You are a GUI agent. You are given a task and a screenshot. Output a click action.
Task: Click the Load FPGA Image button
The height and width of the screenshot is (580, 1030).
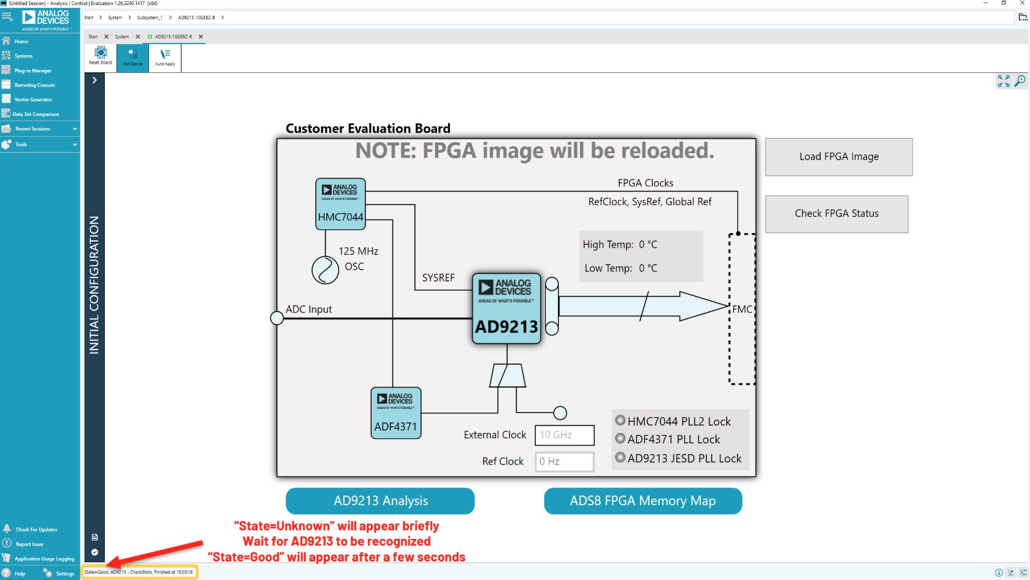[x=839, y=157]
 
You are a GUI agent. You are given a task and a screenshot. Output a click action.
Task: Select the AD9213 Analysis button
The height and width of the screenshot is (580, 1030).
[x=380, y=501]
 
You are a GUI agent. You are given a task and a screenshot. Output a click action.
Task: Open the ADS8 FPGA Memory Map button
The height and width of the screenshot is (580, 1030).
[x=643, y=501]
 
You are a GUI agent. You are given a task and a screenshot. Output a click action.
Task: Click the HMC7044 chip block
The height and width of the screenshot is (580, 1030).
[x=340, y=204]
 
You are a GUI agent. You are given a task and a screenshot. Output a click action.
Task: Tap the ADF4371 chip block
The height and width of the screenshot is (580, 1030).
[x=396, y=413]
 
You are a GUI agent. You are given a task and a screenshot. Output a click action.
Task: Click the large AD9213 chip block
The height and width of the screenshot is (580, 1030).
[x=506, y=308]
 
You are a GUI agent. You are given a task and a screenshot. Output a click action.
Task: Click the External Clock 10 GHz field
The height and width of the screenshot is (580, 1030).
[x=564, y=435]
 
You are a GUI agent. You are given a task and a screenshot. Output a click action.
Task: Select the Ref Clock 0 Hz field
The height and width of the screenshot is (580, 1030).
[x=564, y=462]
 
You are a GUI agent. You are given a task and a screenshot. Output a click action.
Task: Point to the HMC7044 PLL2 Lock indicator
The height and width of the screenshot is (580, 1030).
[x=620, y=421]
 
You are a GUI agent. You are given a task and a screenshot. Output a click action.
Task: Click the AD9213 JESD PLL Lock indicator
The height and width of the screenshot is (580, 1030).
[x=620, y=457]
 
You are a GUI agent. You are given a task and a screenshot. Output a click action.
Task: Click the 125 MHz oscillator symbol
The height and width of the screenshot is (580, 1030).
[x=325, y=270]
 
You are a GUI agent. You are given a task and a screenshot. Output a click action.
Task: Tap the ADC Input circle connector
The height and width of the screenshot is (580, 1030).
[x=277, y=318]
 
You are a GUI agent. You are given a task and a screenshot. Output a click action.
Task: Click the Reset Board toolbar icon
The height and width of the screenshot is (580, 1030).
[x=101, y=56]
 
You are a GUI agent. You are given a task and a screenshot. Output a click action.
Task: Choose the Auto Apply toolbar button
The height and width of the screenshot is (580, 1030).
[x=165, y=57]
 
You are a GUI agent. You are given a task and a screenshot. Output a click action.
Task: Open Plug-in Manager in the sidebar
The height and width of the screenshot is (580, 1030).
[x=33, y=71]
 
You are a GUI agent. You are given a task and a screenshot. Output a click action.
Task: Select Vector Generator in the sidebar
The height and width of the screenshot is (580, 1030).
[x=33, y=99]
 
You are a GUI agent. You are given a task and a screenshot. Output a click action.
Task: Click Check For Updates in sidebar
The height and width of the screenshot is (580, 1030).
[x=36, y=529]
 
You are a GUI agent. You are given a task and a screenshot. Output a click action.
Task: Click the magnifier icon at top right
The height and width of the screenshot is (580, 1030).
[x=1020, y=81]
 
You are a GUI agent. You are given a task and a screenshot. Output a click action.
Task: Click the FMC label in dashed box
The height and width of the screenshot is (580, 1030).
[x=741, y=310]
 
